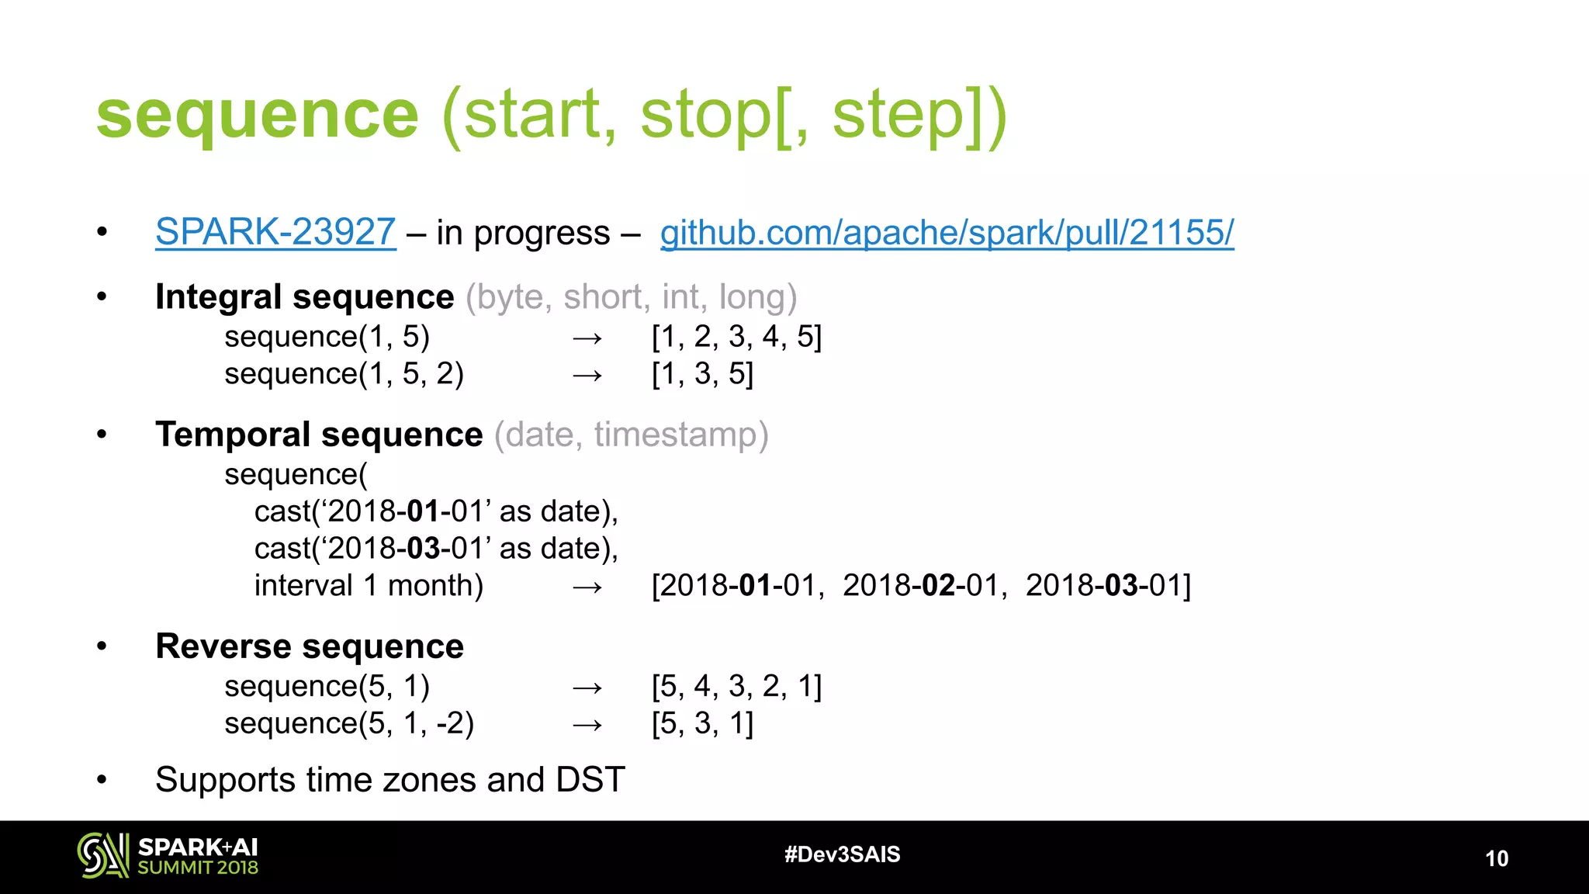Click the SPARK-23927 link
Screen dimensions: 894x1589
(275, 232)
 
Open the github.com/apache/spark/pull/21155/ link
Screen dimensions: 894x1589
(947, 232)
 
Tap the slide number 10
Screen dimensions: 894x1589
(1497, 858)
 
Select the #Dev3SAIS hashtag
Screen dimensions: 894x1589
(842, 854)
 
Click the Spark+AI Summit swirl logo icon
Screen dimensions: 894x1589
(102, 855)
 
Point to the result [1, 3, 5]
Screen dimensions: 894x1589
(702, 374)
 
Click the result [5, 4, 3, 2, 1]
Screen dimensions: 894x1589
(736, 686)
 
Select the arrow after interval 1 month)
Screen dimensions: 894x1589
(587, 587)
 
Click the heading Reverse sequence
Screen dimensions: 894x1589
(310, 646)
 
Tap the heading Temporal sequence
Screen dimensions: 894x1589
(319, 435)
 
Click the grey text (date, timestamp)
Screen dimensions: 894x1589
(631, 435)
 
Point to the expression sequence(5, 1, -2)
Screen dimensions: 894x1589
(349, 723)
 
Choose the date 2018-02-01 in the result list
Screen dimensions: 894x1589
(923, 585)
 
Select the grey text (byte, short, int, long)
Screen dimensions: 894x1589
(631, 297)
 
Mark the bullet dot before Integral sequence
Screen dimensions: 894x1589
(102, 296)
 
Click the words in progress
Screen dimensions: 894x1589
(523, 233)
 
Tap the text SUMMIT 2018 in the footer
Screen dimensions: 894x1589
(198, 868)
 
